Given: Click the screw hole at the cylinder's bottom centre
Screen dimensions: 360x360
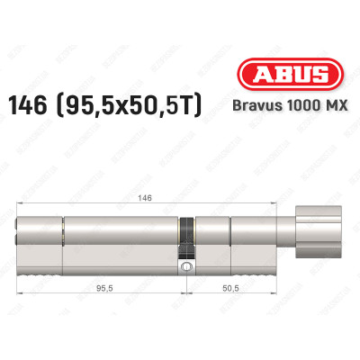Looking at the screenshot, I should tap(185, 267).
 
